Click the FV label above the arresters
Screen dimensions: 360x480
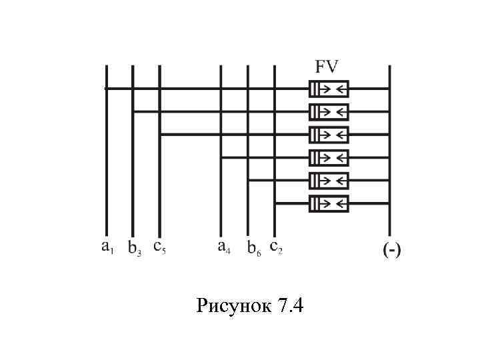[x=327, y=67]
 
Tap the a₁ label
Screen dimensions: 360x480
[x=107, y=247]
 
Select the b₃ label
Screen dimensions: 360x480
[x=134, y=249]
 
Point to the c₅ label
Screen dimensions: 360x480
[x=159, y=247]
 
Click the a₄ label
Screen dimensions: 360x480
[x=224, y=247]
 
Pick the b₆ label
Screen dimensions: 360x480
[x=253, y=249]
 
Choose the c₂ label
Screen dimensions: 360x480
[x=276, y=247]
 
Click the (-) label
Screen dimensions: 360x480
[x=391, y=251]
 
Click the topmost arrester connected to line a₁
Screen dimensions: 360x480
[x=329, y=89]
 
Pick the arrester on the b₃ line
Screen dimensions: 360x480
[x=329, y=111]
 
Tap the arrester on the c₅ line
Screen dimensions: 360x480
[x=329, y=135]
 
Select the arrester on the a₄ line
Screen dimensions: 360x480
[x=329, y=158]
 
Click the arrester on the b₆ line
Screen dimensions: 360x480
[x=329, y=181]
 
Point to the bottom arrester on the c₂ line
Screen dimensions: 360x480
[x=329, y=203]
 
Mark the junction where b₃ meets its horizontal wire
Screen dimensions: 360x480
[x=133, y=111]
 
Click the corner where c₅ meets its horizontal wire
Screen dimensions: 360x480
[x=160, y=135]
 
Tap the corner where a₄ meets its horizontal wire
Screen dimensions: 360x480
[x=221, y=158]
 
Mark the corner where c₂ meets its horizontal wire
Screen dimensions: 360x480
[x=275, y=203]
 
